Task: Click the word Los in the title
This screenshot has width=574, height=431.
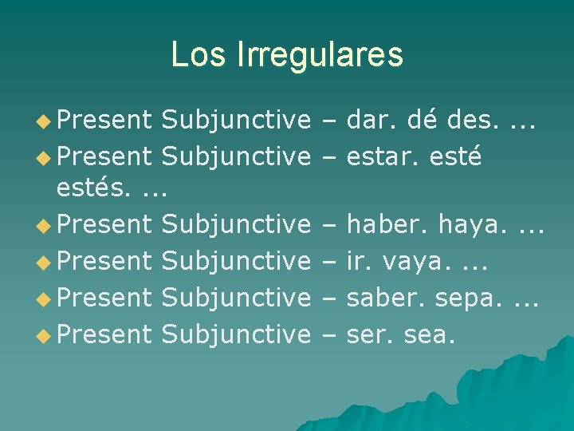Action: pos(191,54)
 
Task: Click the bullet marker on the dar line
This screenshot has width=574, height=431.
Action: pos(46,121)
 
